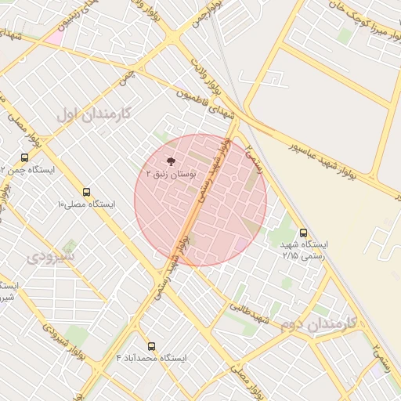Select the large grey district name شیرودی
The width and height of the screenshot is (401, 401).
pos(51,256)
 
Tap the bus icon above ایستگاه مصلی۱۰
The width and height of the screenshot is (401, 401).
pos(86,191)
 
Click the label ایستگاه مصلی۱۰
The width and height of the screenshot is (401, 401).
pos(85,204)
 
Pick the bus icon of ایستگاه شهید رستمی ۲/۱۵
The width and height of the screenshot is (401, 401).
pos(304,232)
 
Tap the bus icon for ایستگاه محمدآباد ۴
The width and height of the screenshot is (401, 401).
pos(151,345)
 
